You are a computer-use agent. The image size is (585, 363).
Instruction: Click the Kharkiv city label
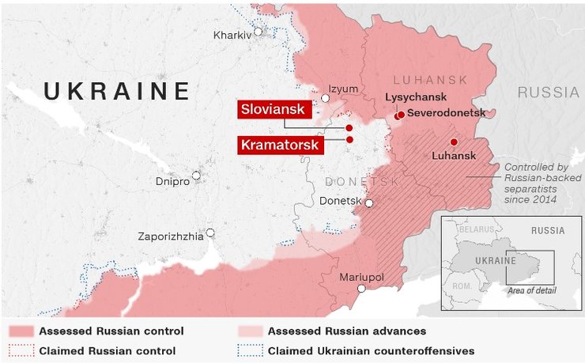point(232,35)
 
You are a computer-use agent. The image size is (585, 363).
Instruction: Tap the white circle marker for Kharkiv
point(258,32)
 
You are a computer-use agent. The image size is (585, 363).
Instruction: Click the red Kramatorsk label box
point(270,145)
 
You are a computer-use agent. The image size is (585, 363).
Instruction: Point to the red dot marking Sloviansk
point(349,127)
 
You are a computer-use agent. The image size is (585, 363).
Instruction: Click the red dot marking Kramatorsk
point(349,139)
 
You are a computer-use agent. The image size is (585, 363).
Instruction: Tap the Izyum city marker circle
point(325,98)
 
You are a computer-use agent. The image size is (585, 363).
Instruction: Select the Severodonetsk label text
point(446,114)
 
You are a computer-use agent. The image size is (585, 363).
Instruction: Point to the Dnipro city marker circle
point(196,176)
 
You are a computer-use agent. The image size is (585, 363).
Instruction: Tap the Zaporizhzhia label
point(170,236)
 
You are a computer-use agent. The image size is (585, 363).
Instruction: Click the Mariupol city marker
point(361,289)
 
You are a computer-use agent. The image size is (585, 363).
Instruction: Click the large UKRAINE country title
point(117,91)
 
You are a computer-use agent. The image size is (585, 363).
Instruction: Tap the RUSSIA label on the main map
point(549,93)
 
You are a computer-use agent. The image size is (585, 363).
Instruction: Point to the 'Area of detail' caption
point(533,291)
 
